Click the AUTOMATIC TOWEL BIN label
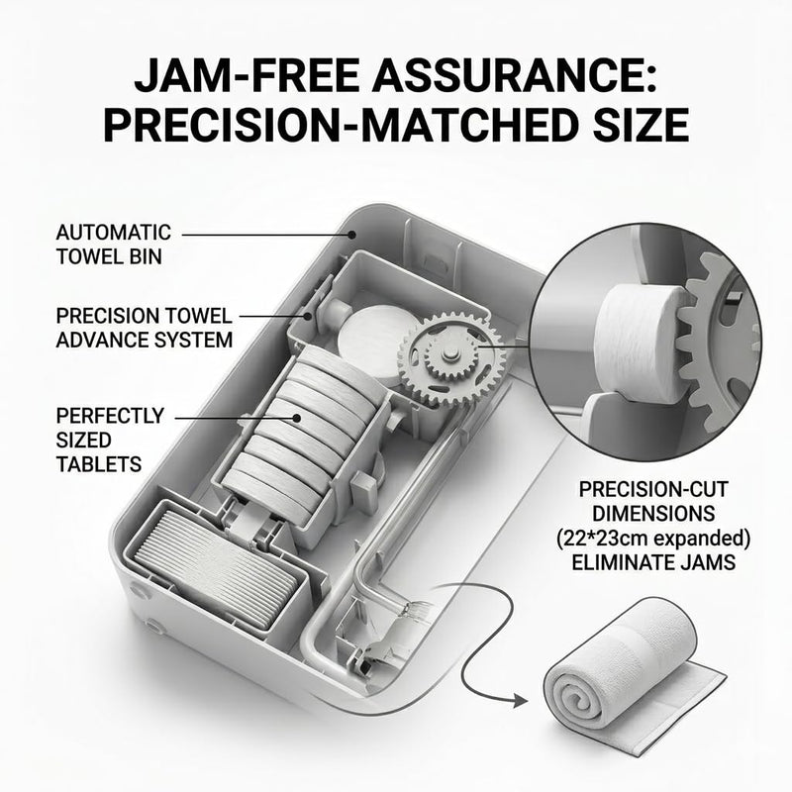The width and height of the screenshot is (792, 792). [113, 245]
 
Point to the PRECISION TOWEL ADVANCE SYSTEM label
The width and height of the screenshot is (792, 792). [144, 328]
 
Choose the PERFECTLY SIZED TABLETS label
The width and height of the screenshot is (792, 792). [110, 440]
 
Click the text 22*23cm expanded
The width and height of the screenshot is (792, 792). [653, 539]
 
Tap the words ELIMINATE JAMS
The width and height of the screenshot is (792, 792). [653, 562]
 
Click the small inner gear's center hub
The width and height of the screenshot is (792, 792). [446, 356]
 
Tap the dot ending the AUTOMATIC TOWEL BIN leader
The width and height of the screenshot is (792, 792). [351, 235]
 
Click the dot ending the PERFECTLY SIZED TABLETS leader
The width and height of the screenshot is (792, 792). [297, 418]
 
